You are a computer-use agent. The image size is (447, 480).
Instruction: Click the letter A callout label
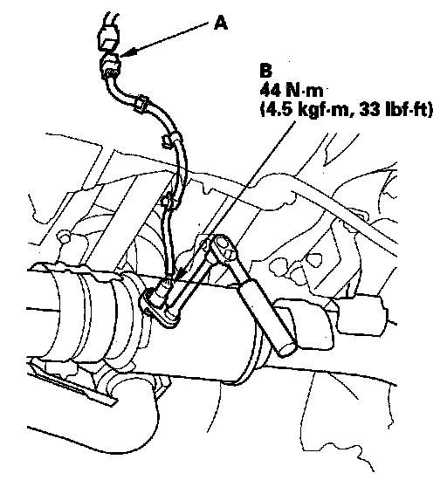coord(221,24)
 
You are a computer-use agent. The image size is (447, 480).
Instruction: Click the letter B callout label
coord(265,70)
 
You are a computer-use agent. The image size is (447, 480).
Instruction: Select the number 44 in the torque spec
coord(270,91)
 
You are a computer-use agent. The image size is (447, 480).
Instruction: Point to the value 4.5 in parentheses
coord(279,110)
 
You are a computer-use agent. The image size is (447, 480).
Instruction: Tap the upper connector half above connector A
coord(107,38)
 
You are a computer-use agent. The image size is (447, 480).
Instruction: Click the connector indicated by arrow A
coord(110,65)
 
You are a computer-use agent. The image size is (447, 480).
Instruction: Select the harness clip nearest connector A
coord(141,103)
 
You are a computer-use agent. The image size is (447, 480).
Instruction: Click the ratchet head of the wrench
coord(223,246)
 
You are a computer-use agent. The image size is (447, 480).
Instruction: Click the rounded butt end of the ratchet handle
coord(287,348)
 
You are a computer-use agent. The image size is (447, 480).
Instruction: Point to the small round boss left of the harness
coord(64,237)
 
